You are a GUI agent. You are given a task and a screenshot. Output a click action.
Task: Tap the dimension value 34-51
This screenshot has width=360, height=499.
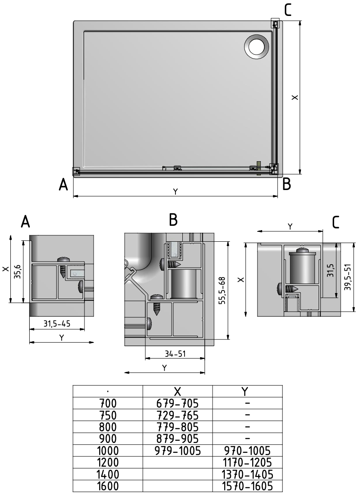click(175, 354)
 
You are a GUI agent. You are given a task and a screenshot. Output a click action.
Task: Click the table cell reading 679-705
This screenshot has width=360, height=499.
click(178, 404)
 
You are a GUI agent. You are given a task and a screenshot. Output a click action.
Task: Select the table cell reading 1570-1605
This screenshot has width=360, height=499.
click(247, 486)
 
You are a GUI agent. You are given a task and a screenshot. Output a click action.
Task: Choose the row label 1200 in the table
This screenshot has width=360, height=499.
click(108, 462)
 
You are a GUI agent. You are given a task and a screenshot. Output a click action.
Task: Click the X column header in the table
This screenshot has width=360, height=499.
click(178, 391)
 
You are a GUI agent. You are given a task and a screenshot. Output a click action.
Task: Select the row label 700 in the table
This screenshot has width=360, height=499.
click(108, 404)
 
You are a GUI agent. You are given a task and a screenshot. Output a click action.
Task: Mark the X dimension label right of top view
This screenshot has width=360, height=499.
click(294, 97)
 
